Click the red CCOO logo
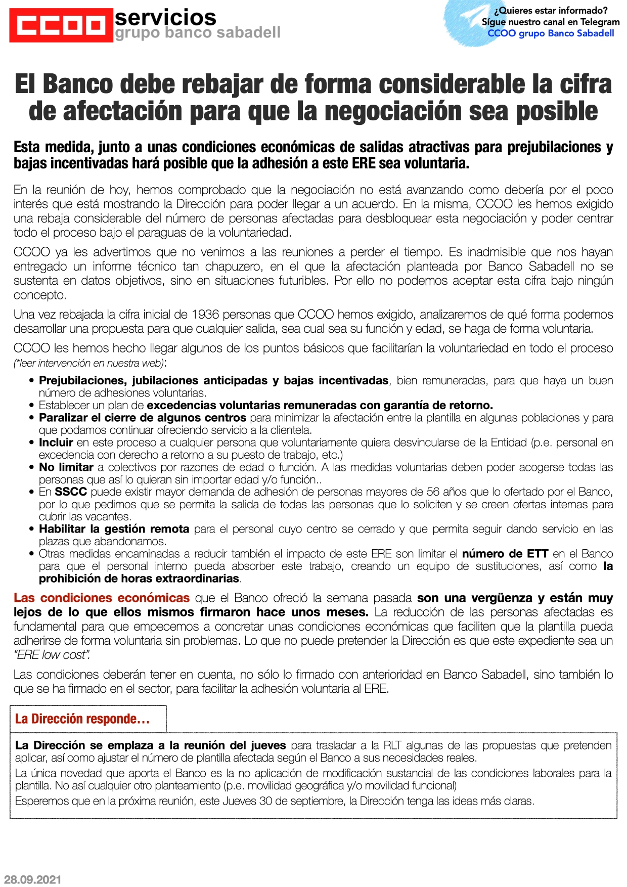click(x=61, y=25)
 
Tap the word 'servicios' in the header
click(x=165, y=17)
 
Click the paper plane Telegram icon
click(x=470, y=19)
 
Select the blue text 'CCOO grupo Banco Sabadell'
click(x=551, y=33)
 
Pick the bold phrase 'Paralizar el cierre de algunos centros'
click(x=143, y=418)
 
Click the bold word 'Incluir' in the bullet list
click(x=56, y=442)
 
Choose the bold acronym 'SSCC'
click(x=71, y=492)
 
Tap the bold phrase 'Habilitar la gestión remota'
click(x=114, y=529)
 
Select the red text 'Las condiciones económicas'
click(x=102, y=598)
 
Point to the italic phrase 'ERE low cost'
click(x=52, y=655)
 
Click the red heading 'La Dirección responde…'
click(x=82, y=719)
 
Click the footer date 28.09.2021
click(x=33, y=879)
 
